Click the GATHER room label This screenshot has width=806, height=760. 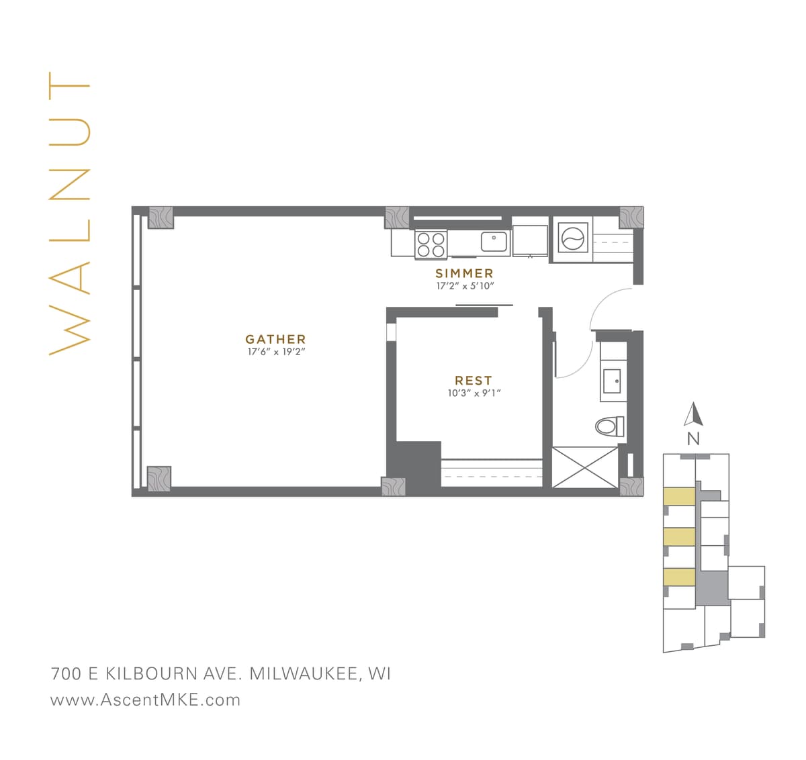tap(275, 340)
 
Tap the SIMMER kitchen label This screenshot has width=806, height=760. tap(464, 273)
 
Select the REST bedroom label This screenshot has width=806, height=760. tap(474, 381)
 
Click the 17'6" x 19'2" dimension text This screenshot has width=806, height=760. tap(275, 352)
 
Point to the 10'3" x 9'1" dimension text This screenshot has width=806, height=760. tap(474, 393)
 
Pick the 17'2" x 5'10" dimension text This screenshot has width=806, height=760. tap(465, 286)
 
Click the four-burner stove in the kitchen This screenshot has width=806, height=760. tap(431, 244)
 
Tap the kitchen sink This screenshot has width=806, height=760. tap(494, 240)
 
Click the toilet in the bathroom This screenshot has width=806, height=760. tap(609, 426)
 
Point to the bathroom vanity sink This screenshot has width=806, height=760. tap(614, 381)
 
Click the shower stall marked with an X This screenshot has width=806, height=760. tap(584, 467)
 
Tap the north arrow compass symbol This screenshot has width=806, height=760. tap(693, 414)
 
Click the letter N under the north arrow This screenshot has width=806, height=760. tap(693, 440)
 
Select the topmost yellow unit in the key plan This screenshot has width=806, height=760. tap(678, 496)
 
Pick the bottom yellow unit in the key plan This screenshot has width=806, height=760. tap(678, 577)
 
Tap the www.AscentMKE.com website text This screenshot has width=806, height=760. tap(145, 700)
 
